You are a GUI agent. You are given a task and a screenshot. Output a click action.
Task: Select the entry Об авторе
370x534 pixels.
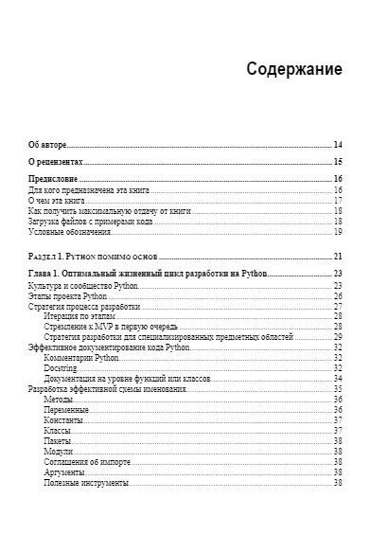[x=46, y=145]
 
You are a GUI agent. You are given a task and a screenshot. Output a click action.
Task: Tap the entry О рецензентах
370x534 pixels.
[x=54, y=163]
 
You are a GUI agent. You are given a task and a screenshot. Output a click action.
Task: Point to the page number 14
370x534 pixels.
[x=338, y=145]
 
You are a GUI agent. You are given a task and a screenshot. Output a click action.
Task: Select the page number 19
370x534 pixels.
[x=338, y=232]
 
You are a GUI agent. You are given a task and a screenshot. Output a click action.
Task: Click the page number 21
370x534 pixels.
[x=338, y=257]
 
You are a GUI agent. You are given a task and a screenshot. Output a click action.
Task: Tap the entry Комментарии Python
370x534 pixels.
[x=81, y=358]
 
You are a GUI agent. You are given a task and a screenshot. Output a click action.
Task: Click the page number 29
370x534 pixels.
[x=338, y=337]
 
